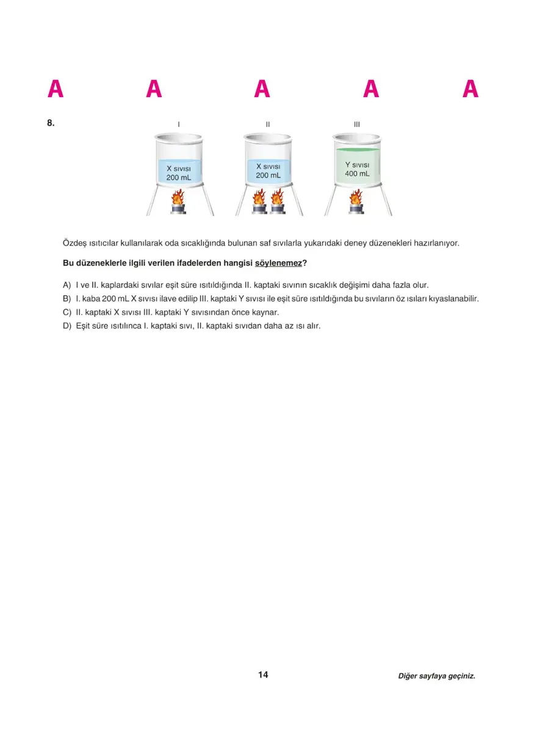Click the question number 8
[51, 123]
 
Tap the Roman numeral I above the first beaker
[178, 125]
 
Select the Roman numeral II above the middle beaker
[267, 125]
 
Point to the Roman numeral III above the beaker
[357, 125]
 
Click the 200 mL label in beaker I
[178, 178]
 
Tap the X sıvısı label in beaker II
[268, 166]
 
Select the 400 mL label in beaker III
[357, 173]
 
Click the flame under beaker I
[178, 198]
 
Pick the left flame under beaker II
[259, 197]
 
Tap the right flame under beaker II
[278, 197]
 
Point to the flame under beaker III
[356, 198]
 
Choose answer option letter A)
[67, 285]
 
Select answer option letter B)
[67, 299]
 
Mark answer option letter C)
[67, 312]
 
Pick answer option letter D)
[67, 326]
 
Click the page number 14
[263, 675]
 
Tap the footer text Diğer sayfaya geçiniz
[436, 676]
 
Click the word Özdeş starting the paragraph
[74, 243]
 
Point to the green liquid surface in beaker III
[357, 150]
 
